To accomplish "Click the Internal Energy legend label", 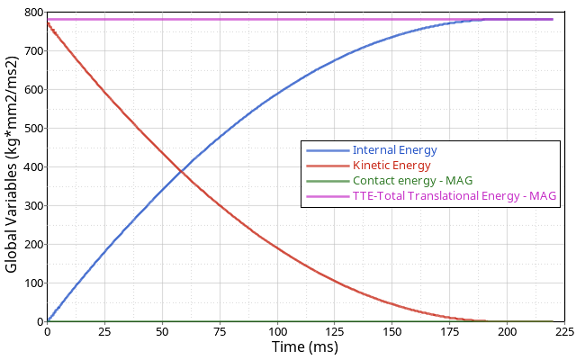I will [x=394, y=149].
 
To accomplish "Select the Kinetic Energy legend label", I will [x=391, y=165].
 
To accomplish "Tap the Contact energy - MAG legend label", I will [x=412, y=180].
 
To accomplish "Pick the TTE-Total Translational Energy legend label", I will [x=454, y=195].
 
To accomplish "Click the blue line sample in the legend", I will [x=327, y=149].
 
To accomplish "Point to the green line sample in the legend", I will [x=327, y=180].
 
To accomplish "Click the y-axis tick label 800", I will [x=33, y=13].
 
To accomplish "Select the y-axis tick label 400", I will [x=33, y=167].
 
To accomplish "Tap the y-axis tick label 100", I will [x=33, y=283].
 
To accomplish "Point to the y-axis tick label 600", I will [x=33, y=90].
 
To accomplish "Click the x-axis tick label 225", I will [x=564, y=331].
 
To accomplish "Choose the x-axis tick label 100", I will [x=277, y=331].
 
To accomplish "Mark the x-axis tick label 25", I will [x=105, y=331].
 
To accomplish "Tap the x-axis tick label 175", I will [x=450, y=331].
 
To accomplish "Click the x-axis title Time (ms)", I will [x=305, y=347].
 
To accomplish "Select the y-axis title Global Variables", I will [x=12, y=167].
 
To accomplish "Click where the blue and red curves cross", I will [x=183, y=170].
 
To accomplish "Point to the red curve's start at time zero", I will [x=48, y=22].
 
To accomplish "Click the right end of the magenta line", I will [x=553, y=19].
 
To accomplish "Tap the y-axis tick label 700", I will [x=33, y=52].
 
